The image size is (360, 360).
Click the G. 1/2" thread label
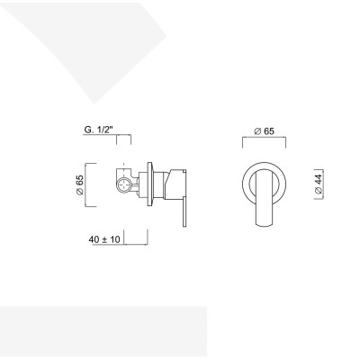click(99, 130)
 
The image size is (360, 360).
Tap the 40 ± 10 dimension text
click(104, 239)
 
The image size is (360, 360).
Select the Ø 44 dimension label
click(319, 184)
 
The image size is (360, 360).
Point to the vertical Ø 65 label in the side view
click(80, 184)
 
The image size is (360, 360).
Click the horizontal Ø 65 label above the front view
click(264, 131)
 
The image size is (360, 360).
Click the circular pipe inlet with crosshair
click(124, 184)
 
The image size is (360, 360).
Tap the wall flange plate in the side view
click(149, 184)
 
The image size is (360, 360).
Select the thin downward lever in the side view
click(184, 211)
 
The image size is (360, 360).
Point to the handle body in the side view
click(175, 184)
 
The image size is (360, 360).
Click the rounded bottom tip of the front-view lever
click(264, 226)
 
